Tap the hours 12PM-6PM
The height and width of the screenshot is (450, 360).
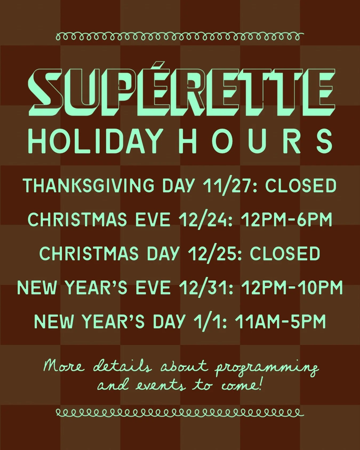pyautogui.click(x=286, y=220)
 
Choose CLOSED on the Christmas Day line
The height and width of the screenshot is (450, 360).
pyautogui.click(x=285, y=254)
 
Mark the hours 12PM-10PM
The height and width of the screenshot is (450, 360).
pyautogui.click(x=292, y=288)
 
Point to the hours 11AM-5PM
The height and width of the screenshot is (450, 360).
pyautogui.click(x=280, y=322)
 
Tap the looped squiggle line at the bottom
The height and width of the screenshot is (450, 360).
pyautogui.click(x=180, y=413)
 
